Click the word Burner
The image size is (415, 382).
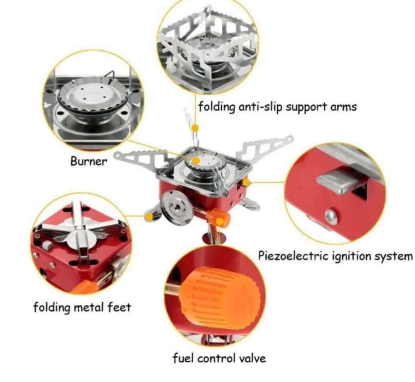pyautogui.click(x=89, y=161)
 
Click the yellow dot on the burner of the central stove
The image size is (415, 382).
pyautogui.click(x=196, y=161)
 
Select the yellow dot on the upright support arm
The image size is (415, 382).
pyautogui.click(x=195, y=128)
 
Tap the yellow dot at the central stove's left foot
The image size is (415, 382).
pyautogui.click(x=149, y=216)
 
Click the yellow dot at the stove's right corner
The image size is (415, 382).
pyautogui.click(x=246, y=183)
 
